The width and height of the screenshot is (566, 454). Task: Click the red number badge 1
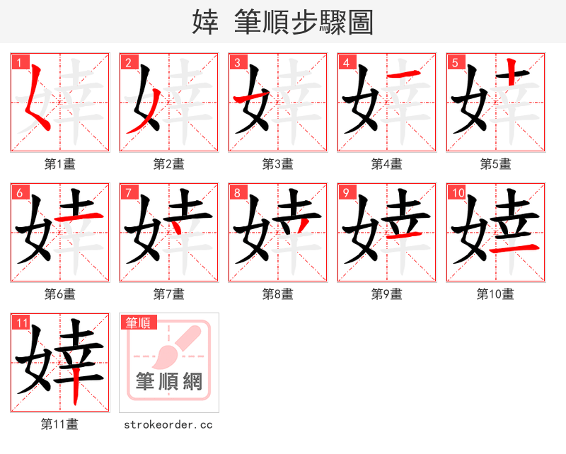[18, 62]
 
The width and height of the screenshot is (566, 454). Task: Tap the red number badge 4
[345, 62]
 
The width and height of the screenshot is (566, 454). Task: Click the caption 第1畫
[60, 164]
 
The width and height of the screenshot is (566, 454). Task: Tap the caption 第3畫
[278, 164]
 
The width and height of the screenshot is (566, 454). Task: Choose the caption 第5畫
[496, 164]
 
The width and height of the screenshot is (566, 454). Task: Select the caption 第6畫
[60, 294]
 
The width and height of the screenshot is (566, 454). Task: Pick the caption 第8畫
[278, 294]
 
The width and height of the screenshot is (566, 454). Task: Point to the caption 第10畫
[495, 294]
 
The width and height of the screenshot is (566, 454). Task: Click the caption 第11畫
[60, 424]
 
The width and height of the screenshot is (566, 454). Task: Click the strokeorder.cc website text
[168, 425]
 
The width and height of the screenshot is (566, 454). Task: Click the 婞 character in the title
[205, 23]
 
